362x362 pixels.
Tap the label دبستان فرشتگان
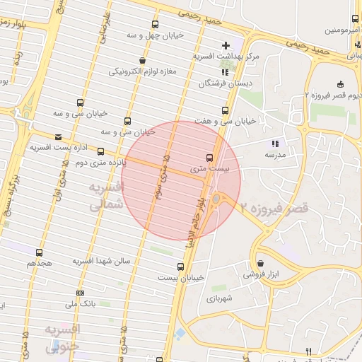point(215,83)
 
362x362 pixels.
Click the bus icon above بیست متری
point(209,158)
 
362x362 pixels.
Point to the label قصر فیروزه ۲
point(274,209)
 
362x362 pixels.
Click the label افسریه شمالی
point(107,196)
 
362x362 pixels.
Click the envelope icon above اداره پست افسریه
point(58,137)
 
